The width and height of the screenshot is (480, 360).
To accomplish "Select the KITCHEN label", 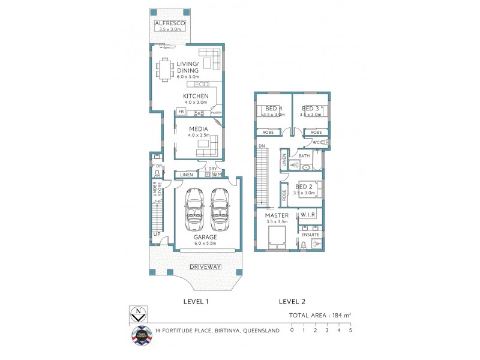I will click(x=196, y=96).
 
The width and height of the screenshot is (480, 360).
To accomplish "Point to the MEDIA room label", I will click(x=198, y=129).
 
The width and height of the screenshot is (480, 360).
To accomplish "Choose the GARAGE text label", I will click(x=205, y=237).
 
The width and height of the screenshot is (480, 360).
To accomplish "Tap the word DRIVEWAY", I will click(x=206, y=266).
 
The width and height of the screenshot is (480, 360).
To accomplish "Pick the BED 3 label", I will click(x=311, y=109).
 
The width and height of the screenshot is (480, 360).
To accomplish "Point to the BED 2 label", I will click(x=305, y=187).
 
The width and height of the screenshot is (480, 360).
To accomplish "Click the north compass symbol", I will click(x=138, y=313).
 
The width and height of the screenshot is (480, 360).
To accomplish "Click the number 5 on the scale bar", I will click(x=350, y=330).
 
